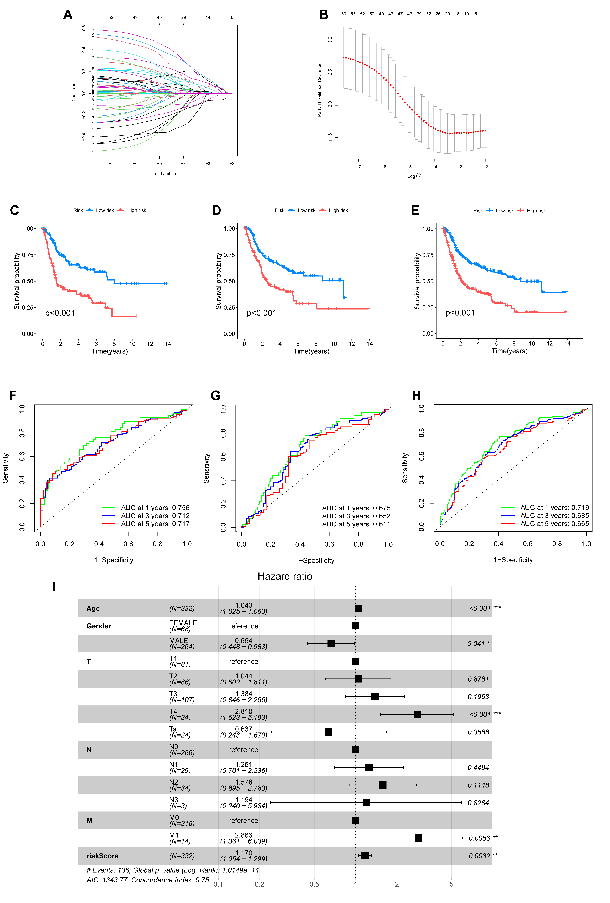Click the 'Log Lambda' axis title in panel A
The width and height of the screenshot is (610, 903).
point(164,174)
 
